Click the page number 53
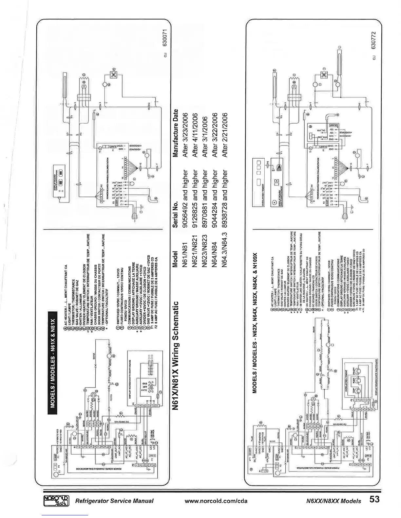pyautogui.click(x=375, y=500)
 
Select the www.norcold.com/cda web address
pyautogui.click(x=216, y=501)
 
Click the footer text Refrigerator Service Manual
pyautogui.click(x=114, y=501)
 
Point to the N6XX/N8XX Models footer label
pyautogui.click(x=333, y=501)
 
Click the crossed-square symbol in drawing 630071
pyautogui.click(x=114, y=75)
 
